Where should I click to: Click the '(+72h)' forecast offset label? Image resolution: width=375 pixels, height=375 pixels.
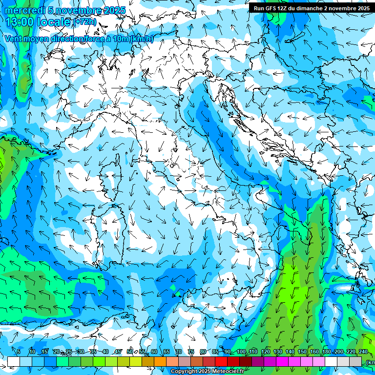pos(85,22)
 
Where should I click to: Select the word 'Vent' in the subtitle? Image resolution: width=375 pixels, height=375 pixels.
pos(13,39)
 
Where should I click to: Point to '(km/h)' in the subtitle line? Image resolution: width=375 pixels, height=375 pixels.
pos(142,39)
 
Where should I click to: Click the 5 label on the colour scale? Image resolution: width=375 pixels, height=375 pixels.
pos(19,352)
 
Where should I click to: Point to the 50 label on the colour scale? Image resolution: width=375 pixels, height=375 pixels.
pos(130,352)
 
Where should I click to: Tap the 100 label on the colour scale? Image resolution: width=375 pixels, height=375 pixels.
pos(241,352)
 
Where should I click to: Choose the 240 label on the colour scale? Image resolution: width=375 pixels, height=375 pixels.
pos(363,352)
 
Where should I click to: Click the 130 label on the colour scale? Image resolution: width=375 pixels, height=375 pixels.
pos(278,352)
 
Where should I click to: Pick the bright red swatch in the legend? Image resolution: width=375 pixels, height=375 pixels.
pos(221,361)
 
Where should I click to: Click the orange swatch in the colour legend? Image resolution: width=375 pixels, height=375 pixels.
pos(160,361)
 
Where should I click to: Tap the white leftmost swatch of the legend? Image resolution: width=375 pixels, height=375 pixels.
pos(14,361)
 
